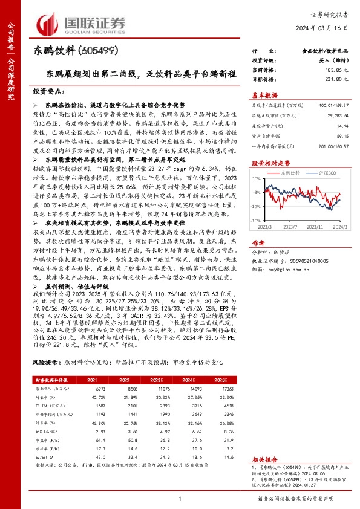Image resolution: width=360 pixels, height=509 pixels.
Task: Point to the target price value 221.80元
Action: tap(338, 79)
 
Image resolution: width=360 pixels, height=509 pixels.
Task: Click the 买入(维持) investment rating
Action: tap(333, 62)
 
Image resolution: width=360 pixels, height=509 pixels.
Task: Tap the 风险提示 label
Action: tap(47, 362)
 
